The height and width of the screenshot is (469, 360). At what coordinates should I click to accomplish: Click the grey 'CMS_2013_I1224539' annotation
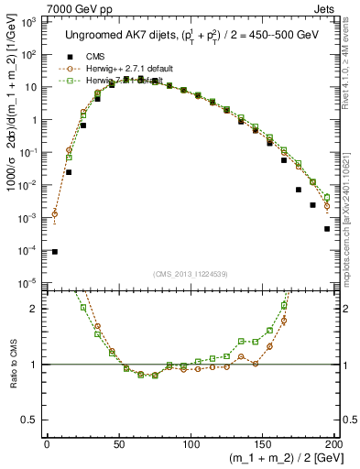point(189,274)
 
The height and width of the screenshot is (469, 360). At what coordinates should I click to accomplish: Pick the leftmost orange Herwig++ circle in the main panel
point(54,214)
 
